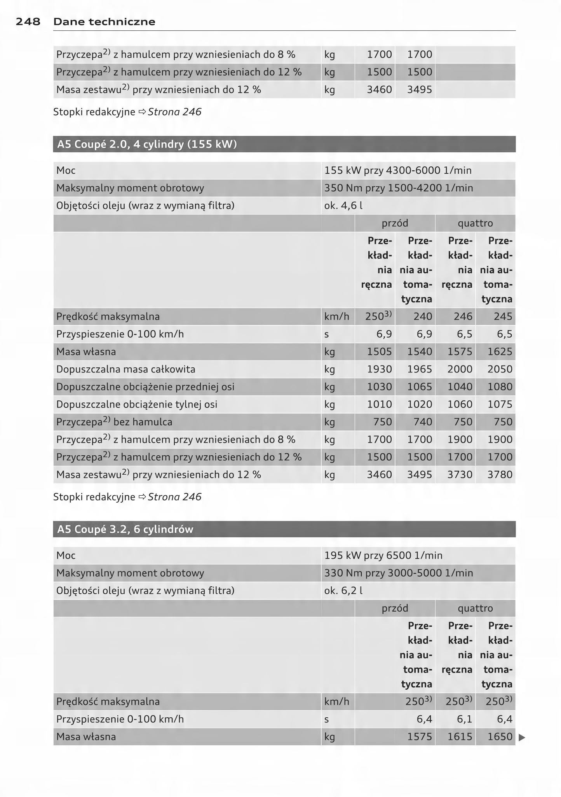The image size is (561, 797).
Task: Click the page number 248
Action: (28, 22)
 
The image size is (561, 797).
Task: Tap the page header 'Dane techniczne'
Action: (104, 22)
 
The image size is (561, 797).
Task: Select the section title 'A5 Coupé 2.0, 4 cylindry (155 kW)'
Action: (147, 144)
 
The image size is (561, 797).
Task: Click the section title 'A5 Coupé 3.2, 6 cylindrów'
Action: (125, 529)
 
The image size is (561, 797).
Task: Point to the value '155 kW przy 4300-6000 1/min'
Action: (398, 170)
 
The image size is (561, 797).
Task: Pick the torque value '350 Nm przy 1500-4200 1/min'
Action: (399, 188)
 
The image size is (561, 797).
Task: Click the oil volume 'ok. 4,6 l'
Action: (343, 206)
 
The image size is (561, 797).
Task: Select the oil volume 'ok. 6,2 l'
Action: (343, 591)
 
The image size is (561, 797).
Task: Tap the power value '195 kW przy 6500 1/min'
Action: (383, 555)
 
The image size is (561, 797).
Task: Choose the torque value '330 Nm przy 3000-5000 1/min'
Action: (399, 573)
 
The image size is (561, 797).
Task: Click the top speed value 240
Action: (423, 316)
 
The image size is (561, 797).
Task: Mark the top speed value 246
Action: (463, 316)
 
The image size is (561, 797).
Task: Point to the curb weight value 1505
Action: (380, 352)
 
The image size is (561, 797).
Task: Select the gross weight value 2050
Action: (500, 369)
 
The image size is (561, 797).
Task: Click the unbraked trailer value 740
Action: (423, 422)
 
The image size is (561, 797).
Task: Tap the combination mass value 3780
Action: (500, 475)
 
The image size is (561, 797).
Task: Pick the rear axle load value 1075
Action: (500, 404)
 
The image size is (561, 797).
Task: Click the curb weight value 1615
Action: (460, 737)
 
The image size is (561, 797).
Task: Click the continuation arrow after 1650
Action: (522, 737)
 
